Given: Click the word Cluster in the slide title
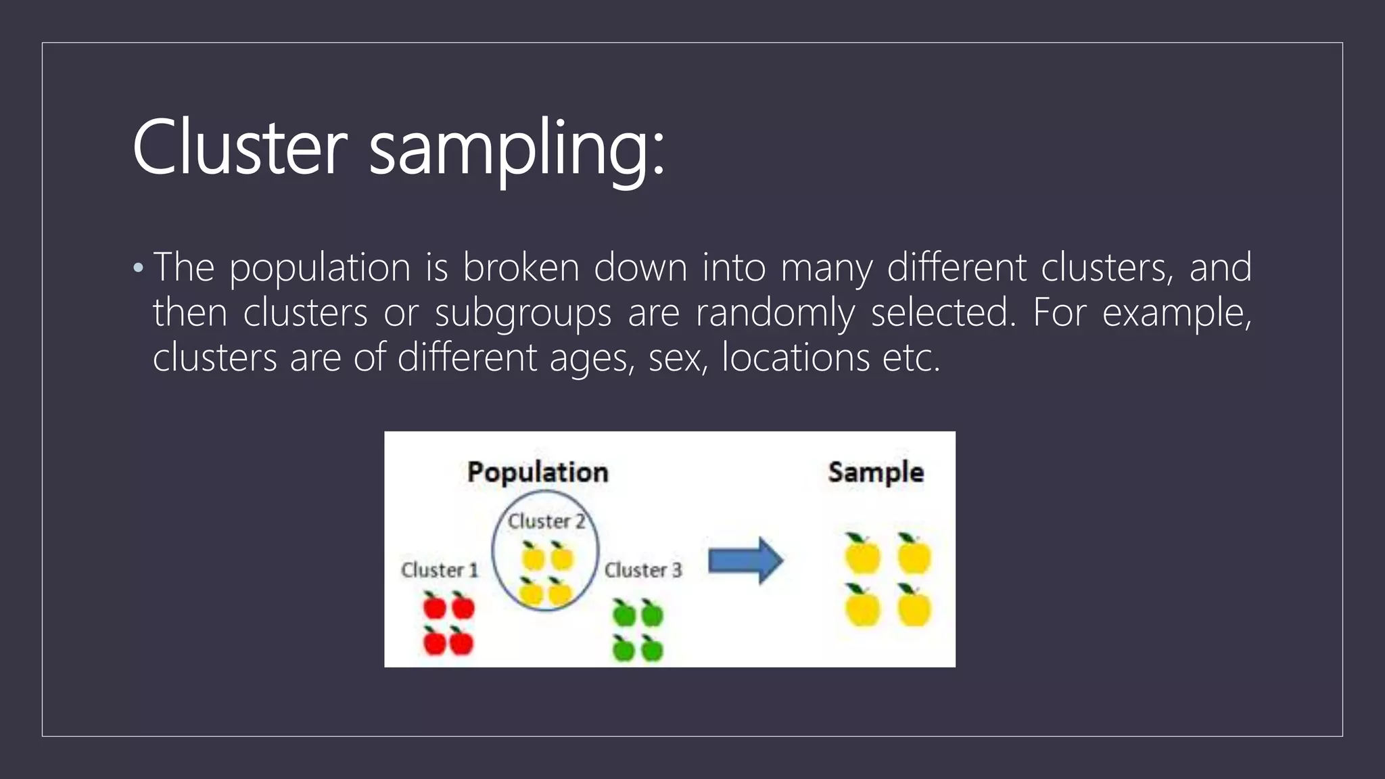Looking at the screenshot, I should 239,147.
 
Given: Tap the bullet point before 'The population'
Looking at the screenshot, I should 139,268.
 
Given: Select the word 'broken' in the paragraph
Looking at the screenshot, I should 521,267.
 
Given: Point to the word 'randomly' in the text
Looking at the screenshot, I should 775,313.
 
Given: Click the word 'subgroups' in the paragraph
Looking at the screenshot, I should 523,314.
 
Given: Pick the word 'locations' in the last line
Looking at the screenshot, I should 795,358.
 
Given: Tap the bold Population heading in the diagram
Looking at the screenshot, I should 538,472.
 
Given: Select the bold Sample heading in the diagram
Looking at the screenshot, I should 875,472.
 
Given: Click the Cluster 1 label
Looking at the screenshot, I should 440,570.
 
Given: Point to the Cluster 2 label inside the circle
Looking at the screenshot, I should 546,521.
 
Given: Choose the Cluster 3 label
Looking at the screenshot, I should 642,570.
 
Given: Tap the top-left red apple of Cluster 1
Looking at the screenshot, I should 434,606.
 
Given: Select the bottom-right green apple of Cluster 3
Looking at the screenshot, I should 652,650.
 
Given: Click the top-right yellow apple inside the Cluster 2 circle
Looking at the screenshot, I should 561,557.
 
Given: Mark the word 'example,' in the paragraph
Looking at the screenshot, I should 1177,313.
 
